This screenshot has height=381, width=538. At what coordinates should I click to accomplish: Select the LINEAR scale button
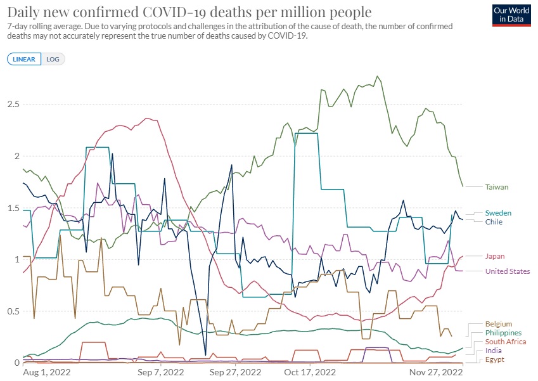click(24, 59)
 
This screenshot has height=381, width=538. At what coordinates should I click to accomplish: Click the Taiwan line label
click(497, 187)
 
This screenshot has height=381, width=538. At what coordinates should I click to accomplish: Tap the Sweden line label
click(498, 213)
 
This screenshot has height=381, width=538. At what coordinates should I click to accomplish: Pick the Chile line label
click(494, 222)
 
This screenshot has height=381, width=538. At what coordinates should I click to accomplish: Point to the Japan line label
click(495, 256)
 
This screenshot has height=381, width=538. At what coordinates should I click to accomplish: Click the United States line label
click(508, 271)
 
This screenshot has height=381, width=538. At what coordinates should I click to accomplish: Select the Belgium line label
click(499, 324)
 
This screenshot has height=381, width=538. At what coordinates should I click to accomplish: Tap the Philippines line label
click(503, 333)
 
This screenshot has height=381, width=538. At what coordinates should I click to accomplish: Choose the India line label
click(494, 351)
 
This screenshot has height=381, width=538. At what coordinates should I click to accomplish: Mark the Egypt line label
click(495, 359)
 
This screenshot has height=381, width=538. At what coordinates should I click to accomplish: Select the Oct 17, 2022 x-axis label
click(311, 372)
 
